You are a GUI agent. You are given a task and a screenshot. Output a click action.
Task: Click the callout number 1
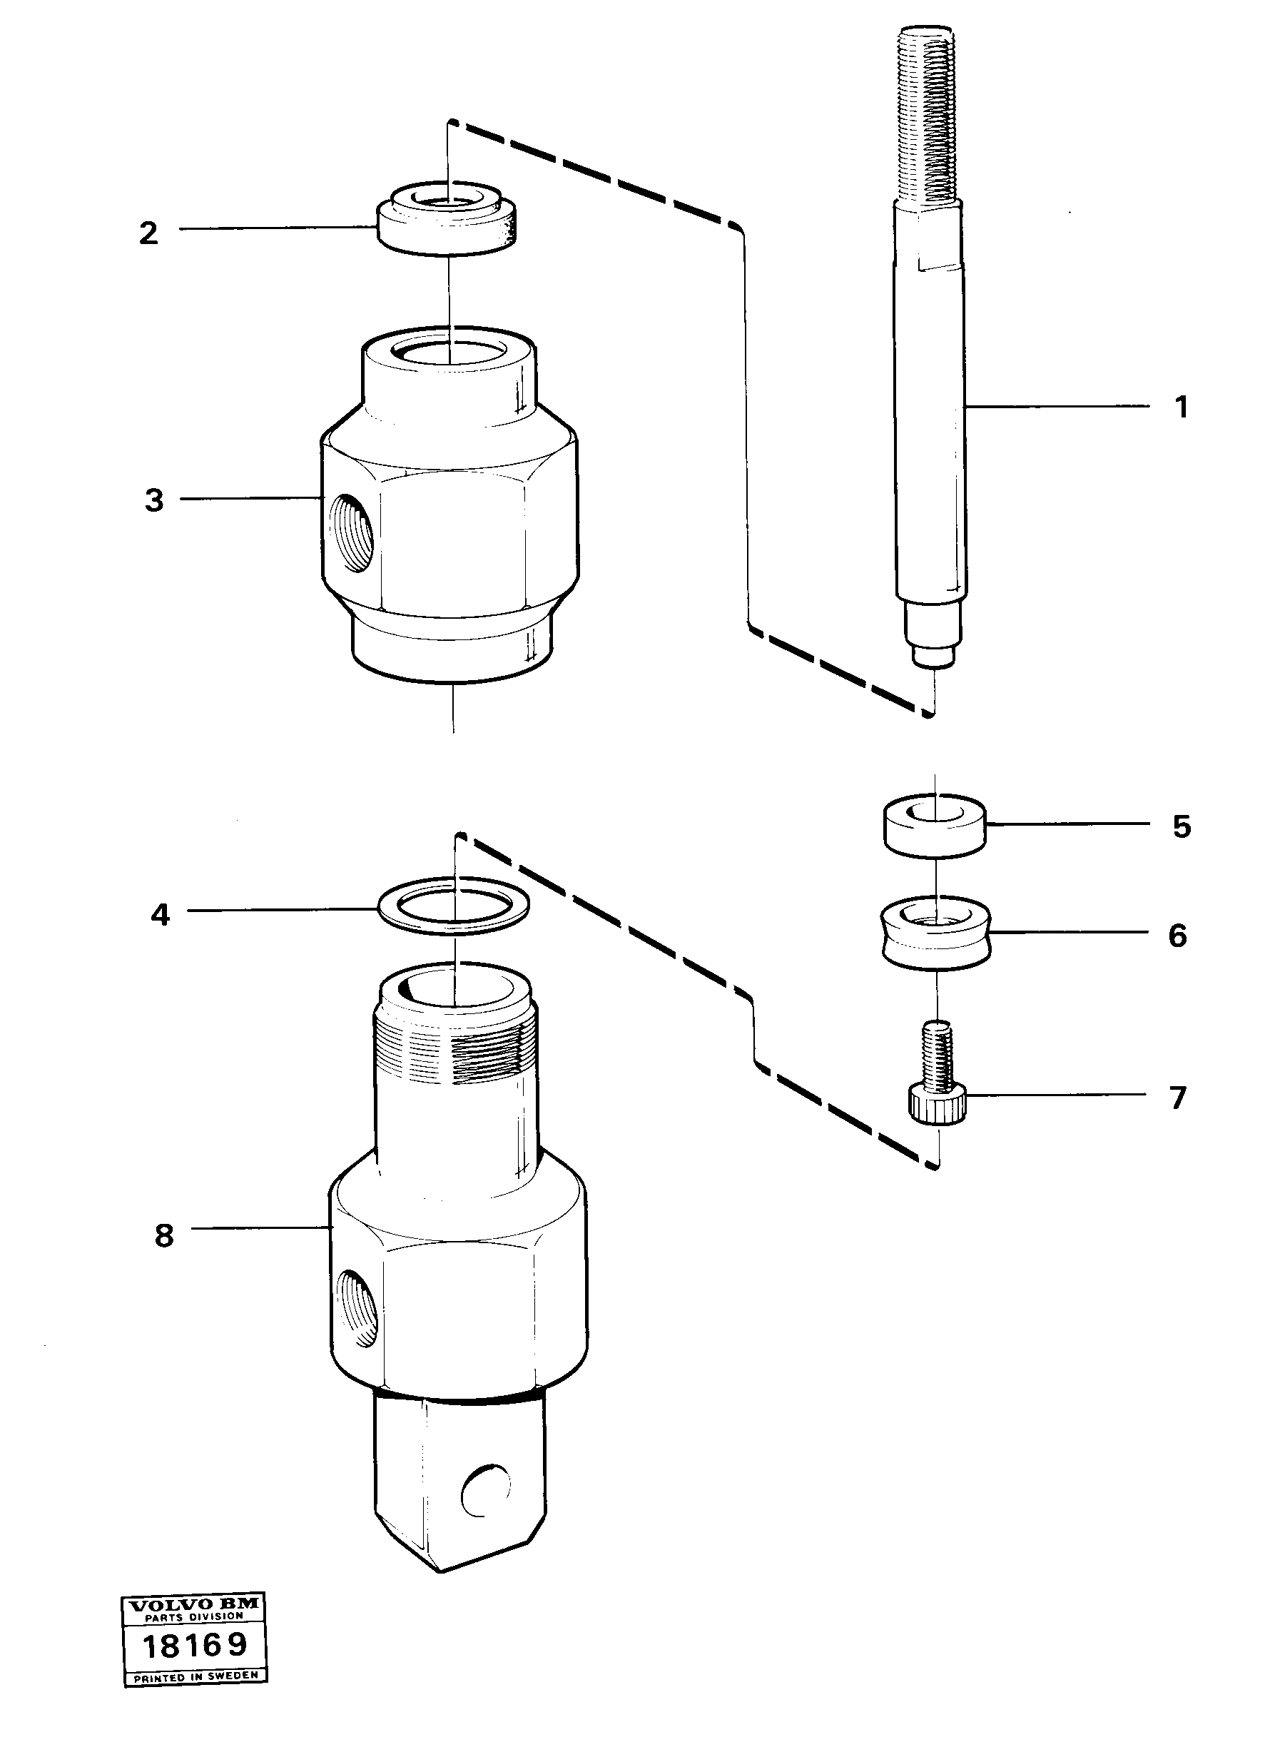1180,407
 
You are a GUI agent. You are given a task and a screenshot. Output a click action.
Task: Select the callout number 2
148,233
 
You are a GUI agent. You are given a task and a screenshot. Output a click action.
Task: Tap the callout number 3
154,500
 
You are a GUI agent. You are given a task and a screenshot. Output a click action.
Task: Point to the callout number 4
160,915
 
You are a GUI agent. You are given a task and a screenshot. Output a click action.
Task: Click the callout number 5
1182,826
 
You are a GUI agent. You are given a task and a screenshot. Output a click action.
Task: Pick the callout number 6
1177,936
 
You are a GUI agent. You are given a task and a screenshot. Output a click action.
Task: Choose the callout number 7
1177,1098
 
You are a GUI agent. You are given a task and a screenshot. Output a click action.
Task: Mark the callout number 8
163,1235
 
